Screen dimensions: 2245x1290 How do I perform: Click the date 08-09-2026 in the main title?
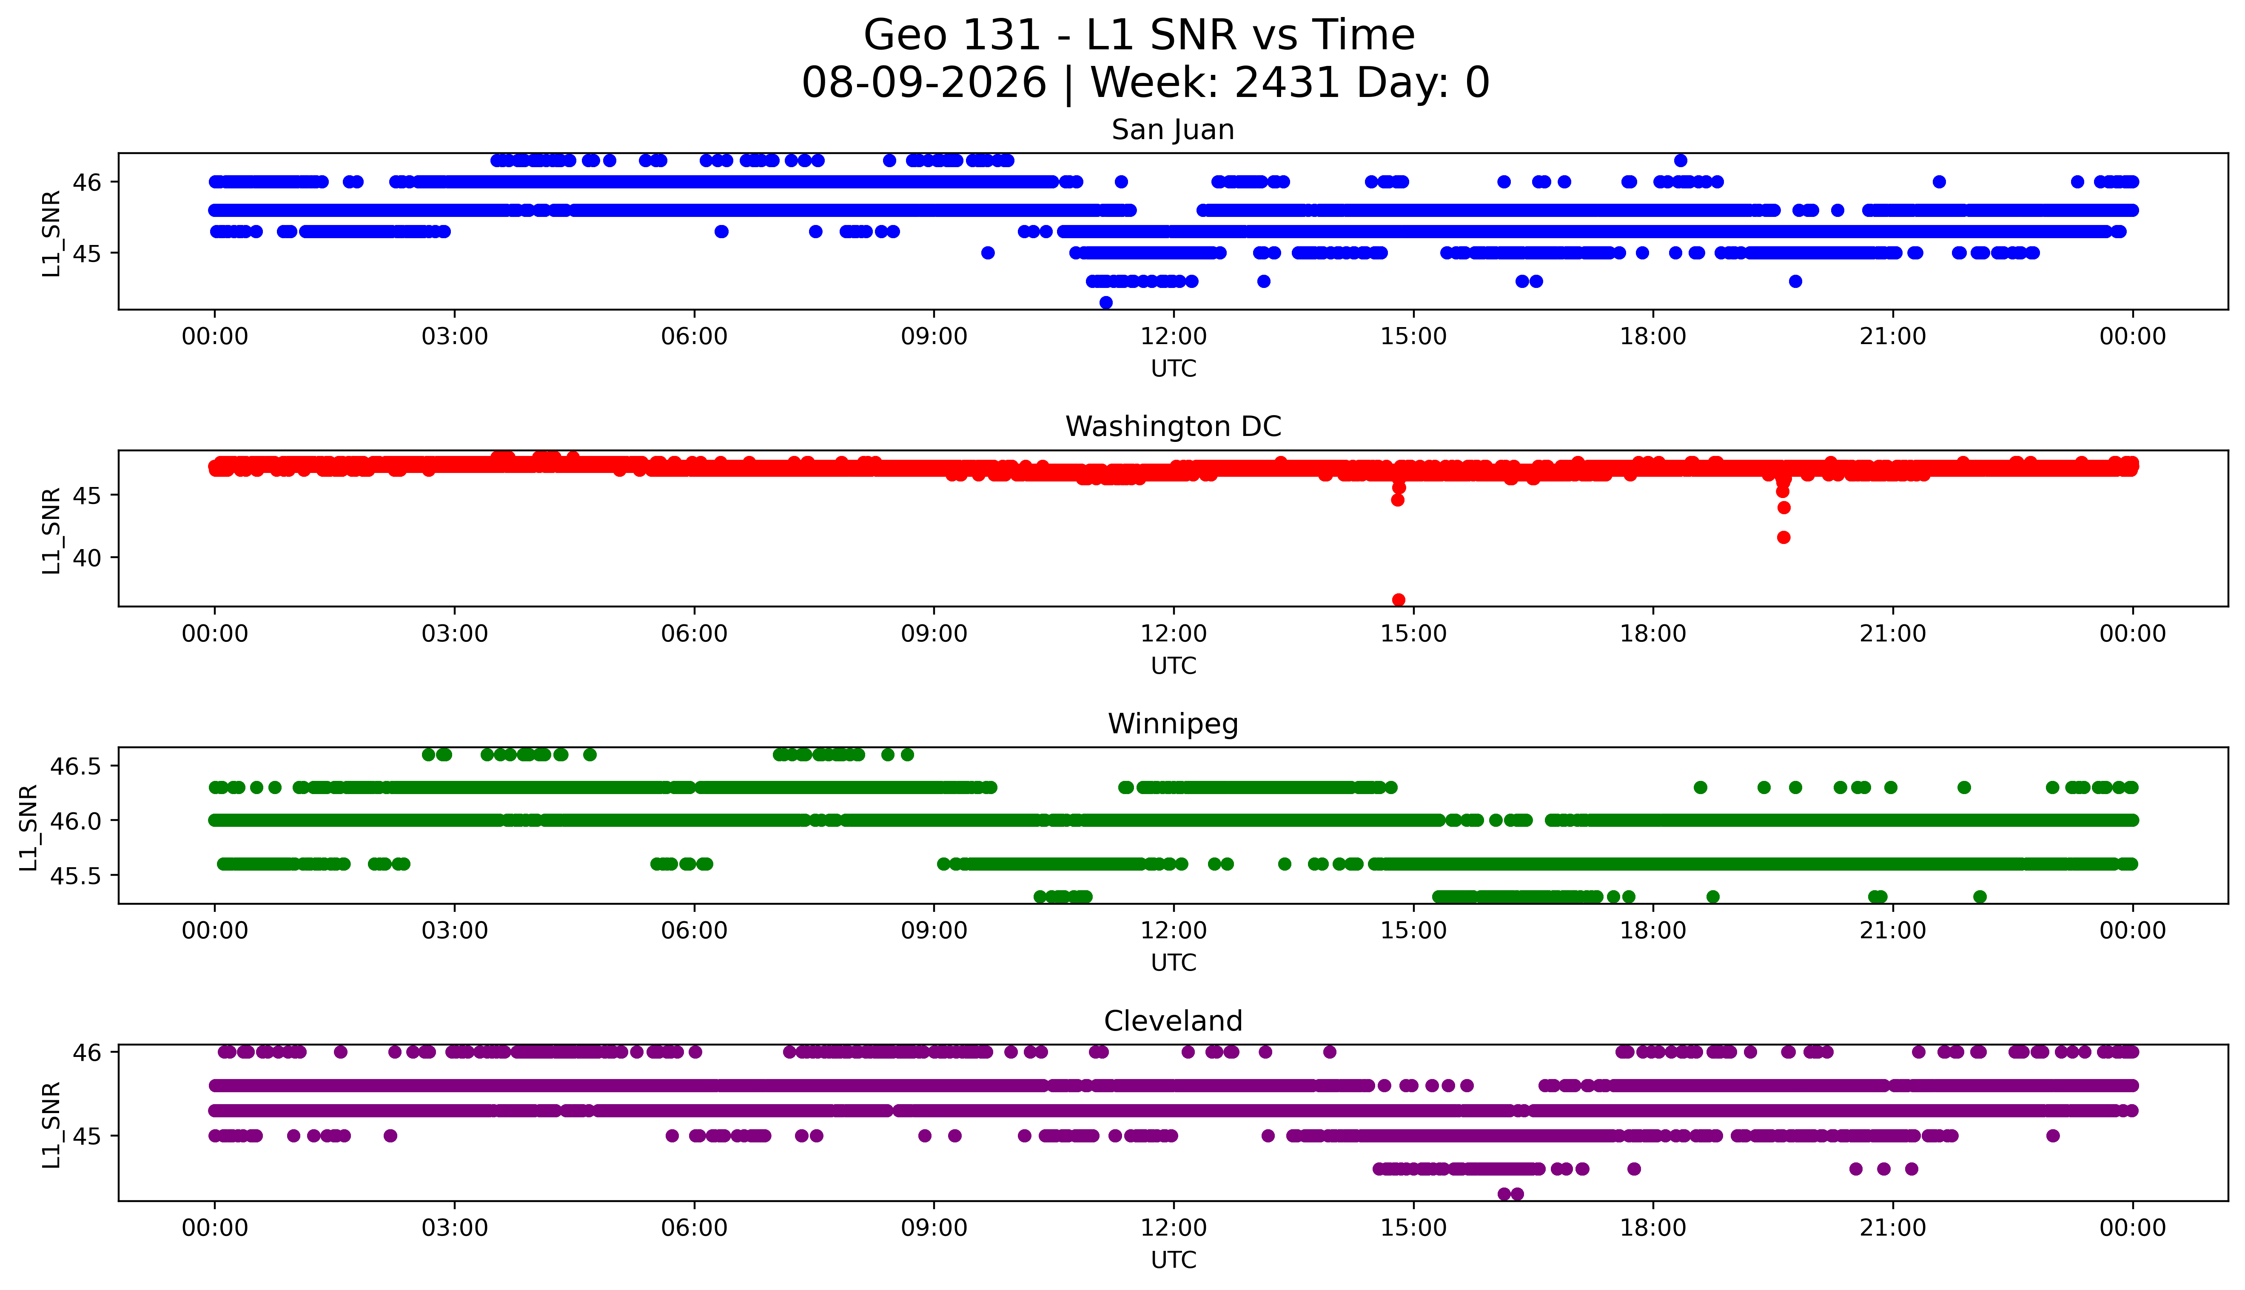pos(924,83)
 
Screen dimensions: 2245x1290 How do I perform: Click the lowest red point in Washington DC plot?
pos(1398,600)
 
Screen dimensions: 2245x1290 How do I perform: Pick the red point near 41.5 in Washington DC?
pos(1783,537)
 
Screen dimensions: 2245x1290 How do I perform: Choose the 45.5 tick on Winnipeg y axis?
pos(79,875)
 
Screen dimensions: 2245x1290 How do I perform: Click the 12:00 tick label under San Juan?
pos(1173,337)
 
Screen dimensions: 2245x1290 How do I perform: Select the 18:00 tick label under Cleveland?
pos(1653,1228)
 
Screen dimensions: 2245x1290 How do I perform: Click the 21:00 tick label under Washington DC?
pos(1892,633)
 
